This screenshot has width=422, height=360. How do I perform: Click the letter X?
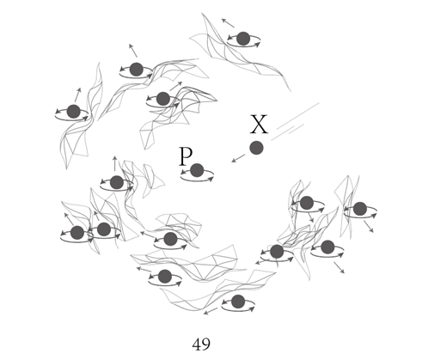coord(259,124)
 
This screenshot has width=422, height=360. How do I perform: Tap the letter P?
coord(186,156)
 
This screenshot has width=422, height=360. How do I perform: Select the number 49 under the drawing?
coord(201,345)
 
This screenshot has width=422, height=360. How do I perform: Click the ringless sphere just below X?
coord(256,148)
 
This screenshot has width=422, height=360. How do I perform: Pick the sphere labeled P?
coord(197,170)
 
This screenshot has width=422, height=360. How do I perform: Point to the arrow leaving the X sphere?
coord(238,158)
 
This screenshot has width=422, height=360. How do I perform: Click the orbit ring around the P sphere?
coord(197,180)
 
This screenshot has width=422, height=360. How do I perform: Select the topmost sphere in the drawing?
coord(243,39)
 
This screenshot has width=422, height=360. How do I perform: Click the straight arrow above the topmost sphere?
coord(228,23)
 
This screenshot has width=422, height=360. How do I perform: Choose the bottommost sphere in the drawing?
coord(238,302)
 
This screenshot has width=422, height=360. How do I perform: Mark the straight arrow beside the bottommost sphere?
coord(211,311)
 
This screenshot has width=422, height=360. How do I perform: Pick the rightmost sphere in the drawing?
coord(360,209)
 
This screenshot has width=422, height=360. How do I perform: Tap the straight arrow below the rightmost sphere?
coord(369,226)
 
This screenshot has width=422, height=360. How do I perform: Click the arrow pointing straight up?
coord(114,163)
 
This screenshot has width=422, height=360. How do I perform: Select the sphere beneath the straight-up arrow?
coord(117,182)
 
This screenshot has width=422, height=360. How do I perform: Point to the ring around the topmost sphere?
coord(243,46)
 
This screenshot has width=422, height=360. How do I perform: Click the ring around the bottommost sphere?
coord(238,310)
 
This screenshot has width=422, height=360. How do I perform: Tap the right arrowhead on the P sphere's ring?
coord(211,179)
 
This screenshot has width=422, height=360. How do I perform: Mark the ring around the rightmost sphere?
coord(360,217)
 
